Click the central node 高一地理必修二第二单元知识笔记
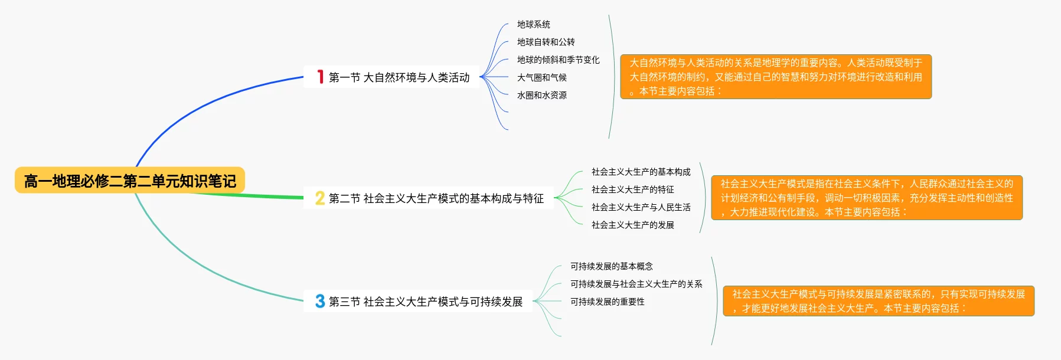pos(130,181)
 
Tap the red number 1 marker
pos(320,77)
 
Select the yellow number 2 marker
pos(320,198)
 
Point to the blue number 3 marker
pos(320,301)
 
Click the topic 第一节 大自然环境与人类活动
pos(399,77)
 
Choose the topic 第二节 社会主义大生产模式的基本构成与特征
pos(436,198)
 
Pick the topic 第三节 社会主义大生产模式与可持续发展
pos(425,302)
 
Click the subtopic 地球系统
pos(534,24)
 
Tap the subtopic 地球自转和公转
pos(546,42)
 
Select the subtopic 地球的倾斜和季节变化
pos(559,60)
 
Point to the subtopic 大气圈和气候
pos(542,77)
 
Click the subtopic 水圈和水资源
pos(542,95)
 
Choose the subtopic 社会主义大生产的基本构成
pos(641,172)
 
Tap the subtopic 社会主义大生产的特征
pos(633,189)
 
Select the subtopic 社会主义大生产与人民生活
pos(641,207)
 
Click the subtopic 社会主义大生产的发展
pos(633,225)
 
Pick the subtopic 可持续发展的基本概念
pos(612,266)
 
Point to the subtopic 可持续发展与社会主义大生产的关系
pos(636,284)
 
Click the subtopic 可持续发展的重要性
pos(608,302)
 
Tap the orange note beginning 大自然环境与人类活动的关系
pos(776,77)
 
